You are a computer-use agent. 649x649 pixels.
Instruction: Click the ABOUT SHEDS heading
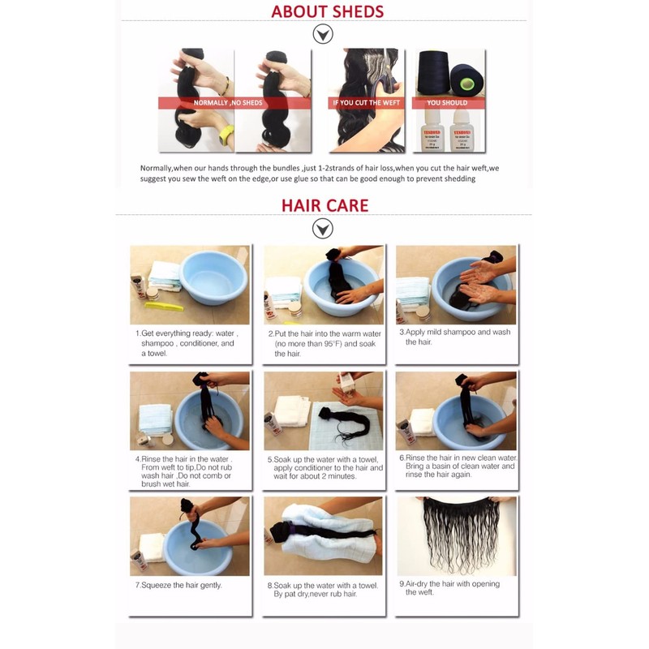(327, 11)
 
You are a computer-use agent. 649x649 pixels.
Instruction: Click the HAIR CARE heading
(324, 204)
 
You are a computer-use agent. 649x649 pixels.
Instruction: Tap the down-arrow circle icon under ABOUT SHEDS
(324, 35)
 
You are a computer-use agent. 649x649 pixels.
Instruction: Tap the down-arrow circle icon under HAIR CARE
(323, 229)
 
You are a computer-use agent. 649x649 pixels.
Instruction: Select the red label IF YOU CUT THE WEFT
(365, 103)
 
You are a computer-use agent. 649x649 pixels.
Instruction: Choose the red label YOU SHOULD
(447, 103)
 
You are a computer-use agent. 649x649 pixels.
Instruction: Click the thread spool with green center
(466, 82)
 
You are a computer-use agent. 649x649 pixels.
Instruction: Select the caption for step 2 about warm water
(324, 343)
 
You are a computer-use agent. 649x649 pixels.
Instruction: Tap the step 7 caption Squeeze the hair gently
(178, 585)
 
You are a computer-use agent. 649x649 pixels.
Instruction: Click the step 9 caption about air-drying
(449, 588)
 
